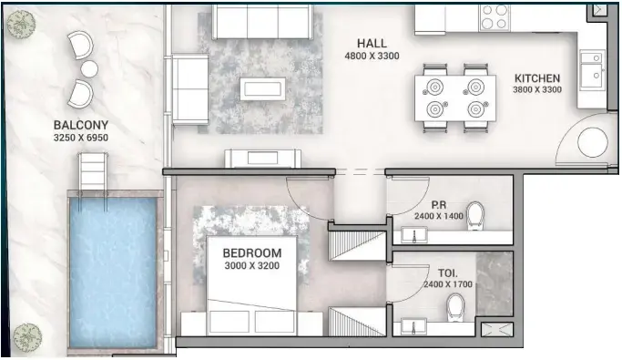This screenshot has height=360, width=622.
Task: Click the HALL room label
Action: tap(372, 43)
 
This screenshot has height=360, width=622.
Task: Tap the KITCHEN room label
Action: tap(537, 78)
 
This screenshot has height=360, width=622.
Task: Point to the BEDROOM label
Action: tap(252, 252)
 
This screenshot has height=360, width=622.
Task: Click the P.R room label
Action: tap(438, 205)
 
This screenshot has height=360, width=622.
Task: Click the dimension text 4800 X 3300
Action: tap(372, 57)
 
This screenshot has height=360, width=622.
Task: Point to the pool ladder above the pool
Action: tap(92, 172)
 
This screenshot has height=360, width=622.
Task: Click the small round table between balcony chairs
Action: tap(89, 68)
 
